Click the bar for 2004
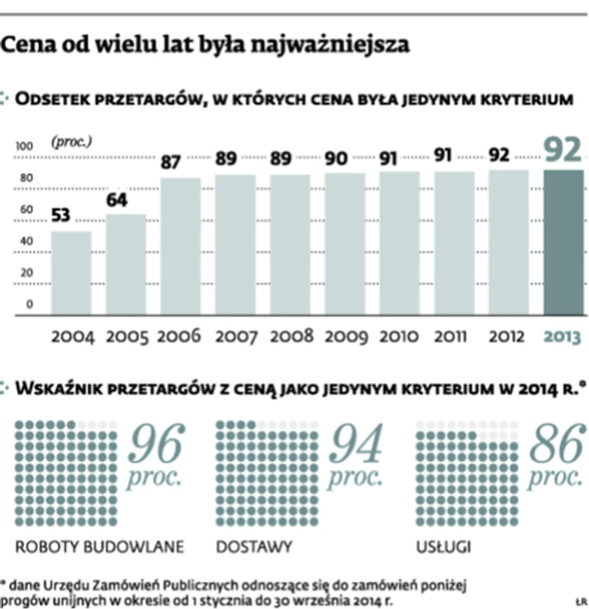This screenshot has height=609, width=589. pos(71,273)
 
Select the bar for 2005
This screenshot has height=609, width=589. pos(126,264)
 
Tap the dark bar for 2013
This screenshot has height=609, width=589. pos(564,242)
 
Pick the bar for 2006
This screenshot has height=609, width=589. pos(181,246)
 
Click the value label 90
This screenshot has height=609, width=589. pos(336,158)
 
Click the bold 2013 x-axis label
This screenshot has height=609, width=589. pos(564,336)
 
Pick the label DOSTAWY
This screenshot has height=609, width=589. pos(255,547)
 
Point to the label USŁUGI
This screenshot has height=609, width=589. pos(443,547)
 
